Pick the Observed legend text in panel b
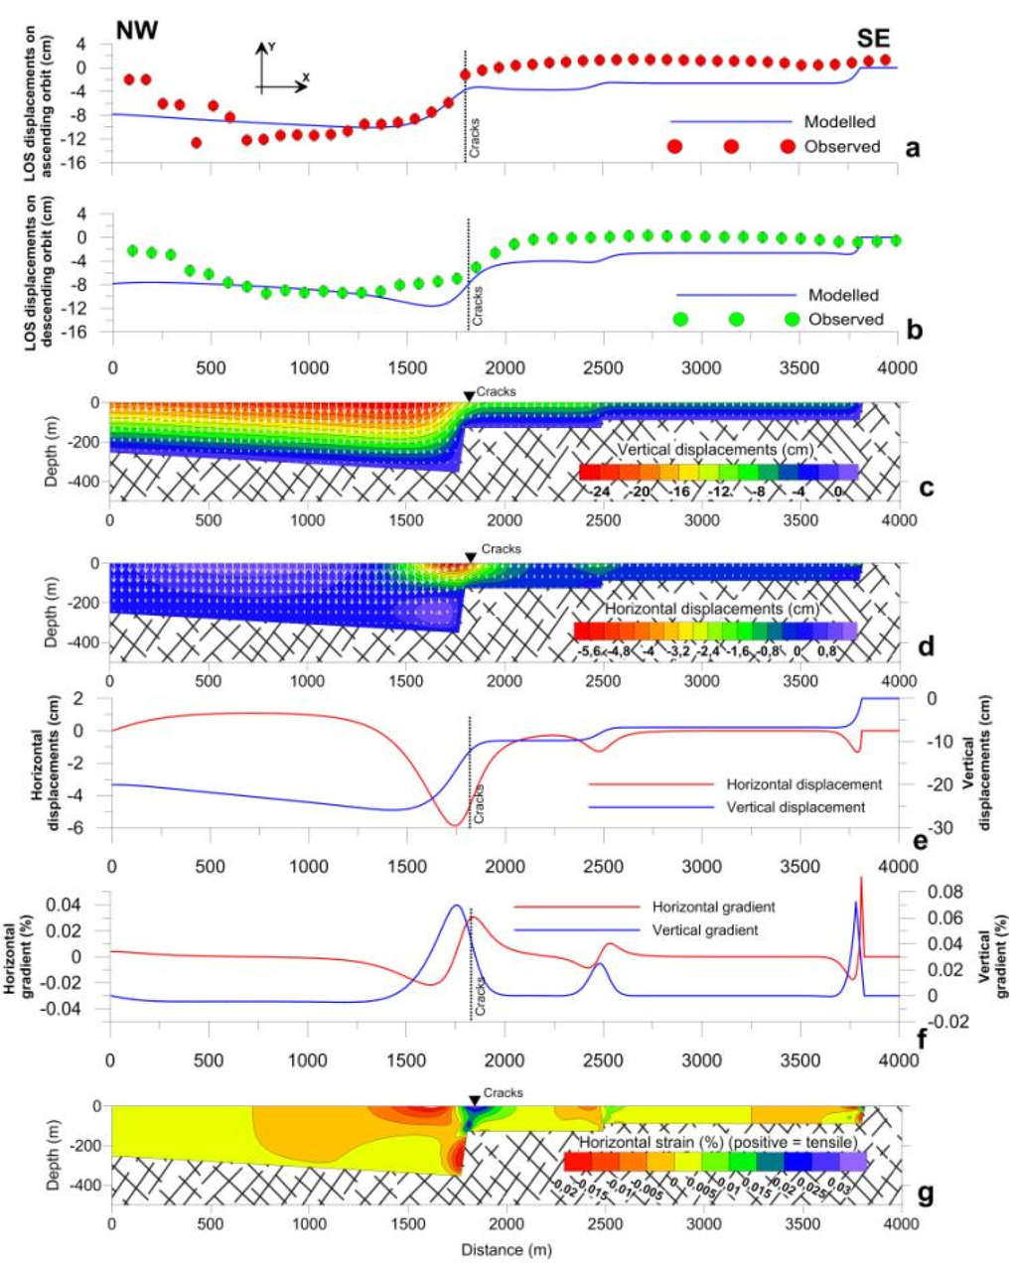pyautogui.click(x=845, y=319)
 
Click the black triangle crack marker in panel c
pyautogui.click(x=469, y=396)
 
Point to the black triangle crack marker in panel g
pyautogui.click(x=475, y=1100)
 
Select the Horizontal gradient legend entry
pyautogui.click(x=713, y=907)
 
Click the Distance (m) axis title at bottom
pyautogui.click(x=505, y=1249)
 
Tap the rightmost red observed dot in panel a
pyautogui.click(x=885, y=60)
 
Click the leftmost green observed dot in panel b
pyautogui.click(x=132, y=250)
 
